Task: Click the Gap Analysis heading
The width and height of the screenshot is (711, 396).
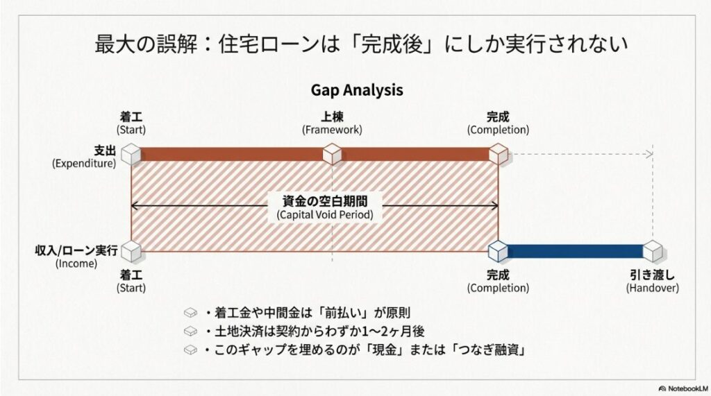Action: (356, 90)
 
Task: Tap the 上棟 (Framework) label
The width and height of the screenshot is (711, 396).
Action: (332, 123)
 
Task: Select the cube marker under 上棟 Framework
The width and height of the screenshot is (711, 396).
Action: (332, 154)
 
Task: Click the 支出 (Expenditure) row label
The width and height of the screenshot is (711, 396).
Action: (84, 157)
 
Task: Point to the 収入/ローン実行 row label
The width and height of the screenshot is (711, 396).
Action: (76, 256)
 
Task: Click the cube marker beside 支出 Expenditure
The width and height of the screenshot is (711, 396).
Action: (131, 154)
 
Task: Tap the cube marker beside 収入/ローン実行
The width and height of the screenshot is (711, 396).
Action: (131, 250)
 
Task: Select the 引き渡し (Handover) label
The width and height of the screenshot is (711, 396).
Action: (652, 281)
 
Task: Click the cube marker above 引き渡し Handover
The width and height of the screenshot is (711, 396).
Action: (652, 250)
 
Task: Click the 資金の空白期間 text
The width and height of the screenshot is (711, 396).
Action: (325, 201)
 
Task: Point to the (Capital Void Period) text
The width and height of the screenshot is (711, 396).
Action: (325, 215)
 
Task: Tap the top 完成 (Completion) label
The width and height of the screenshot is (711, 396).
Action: (498, 123)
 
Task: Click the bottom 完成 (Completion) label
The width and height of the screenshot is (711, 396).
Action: (498, 281)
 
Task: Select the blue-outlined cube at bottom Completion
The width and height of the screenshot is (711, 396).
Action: (498, 250)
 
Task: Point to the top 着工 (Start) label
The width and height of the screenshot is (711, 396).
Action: (131, 123)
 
